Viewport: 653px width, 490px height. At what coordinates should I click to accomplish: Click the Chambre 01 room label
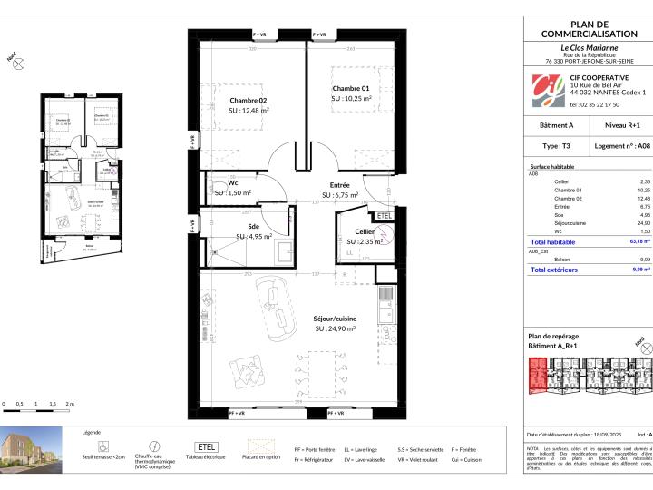click(x=351, y=87)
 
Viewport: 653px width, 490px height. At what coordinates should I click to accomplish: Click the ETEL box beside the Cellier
click(x=385, y=216)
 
